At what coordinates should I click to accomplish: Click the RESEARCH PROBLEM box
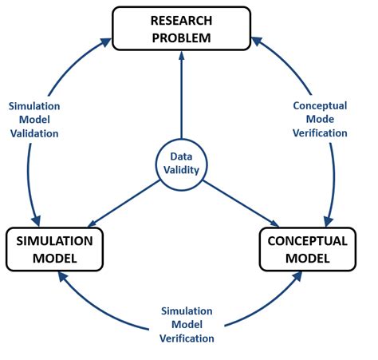pyautogui.click(x=182, y=28)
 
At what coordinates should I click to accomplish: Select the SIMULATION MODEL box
pyautogui.click(x=55, y=249)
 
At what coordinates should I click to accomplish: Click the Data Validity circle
pyautogui.click(x=182, y=164)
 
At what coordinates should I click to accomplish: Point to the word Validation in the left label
pyautogui.click(x=33, y=133)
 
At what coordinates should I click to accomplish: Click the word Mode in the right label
pyautogui.click(x=320, y=119)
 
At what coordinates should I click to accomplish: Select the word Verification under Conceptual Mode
pyautogui.click(x=320, y=133)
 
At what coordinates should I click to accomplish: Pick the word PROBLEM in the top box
pyautogui.click(x=182, y=37)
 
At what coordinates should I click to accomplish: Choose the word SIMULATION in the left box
pyautogui.click(x=55, y=240)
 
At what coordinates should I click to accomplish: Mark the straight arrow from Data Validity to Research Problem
pyautogui.click(x=182, y=96)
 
